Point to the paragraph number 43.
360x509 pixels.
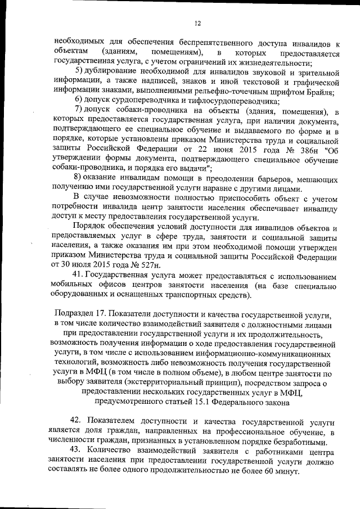pos(76,451)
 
